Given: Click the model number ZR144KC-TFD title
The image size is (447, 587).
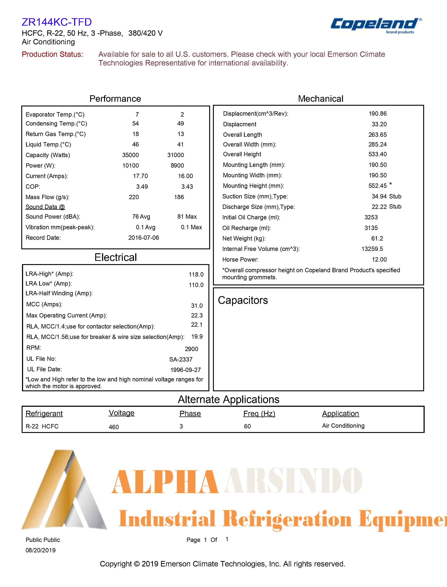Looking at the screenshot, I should pos(57,22).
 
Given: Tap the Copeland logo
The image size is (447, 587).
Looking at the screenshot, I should pos(375,25).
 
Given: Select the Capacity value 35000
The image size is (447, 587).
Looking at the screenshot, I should pos(130,155).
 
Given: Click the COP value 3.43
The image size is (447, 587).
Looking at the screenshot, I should pos(187,187).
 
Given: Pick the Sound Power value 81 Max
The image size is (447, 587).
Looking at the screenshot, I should pos(187,217).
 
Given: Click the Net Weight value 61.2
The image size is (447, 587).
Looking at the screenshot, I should pos(377,238).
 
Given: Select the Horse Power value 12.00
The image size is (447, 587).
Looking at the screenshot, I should pos(379,260).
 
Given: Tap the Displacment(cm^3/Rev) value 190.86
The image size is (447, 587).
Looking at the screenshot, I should pos(378,114).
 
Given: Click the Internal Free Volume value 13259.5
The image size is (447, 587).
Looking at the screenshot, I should pos(372,249).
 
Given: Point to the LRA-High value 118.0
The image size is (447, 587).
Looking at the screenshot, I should pos(196,274).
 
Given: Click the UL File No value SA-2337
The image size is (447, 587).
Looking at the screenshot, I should pos(181,359).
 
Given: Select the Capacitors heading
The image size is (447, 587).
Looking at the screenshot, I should pos(243,300).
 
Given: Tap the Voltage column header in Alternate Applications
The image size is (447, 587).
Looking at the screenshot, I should pos(122,413).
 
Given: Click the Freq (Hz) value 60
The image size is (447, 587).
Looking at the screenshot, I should pos(247,426).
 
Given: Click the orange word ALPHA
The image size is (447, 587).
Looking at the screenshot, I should pos(165,482).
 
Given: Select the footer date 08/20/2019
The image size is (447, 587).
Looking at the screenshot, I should pos(40,550).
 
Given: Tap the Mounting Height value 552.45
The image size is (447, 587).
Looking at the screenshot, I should pos(377,186).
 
